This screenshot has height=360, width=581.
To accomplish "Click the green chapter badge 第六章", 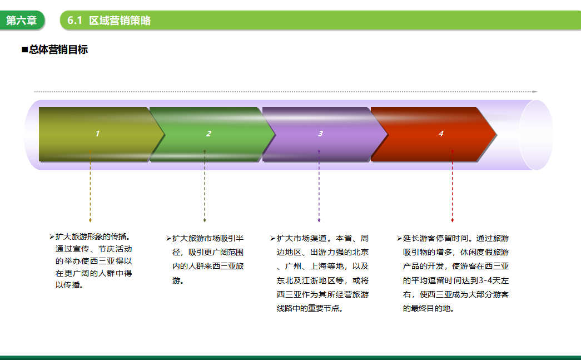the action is pos(22,21).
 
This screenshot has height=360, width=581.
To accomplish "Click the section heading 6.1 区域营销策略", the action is pos(109,21).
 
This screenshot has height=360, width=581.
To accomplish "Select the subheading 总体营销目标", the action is pos(55,50).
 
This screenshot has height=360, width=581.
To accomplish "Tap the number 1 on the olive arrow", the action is pos(97,134).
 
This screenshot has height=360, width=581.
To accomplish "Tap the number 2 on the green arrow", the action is pos(208,134).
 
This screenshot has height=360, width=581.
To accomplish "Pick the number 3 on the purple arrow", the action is pos(320,134).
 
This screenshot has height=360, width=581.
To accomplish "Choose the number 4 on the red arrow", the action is pos(441,134).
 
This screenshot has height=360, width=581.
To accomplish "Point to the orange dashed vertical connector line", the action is pos(91,186).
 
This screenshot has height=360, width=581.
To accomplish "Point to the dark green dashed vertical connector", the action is pos(205,186).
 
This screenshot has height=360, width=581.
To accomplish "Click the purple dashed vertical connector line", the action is pos(319,186).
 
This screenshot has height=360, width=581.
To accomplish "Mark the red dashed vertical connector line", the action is pos(453,186).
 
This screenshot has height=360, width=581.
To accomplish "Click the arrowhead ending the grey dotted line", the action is pos(535,92).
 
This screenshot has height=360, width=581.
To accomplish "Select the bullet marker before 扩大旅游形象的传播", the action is pos(52,236).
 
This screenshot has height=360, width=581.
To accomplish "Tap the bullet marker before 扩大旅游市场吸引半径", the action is pos(168,238).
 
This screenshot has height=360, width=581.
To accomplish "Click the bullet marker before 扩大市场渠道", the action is pos(273,238).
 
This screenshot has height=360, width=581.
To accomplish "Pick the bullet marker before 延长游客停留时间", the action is pos(399,238).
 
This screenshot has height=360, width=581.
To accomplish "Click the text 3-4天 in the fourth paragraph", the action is pos(490,280).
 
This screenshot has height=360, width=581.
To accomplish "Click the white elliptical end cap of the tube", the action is pos(536,135).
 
